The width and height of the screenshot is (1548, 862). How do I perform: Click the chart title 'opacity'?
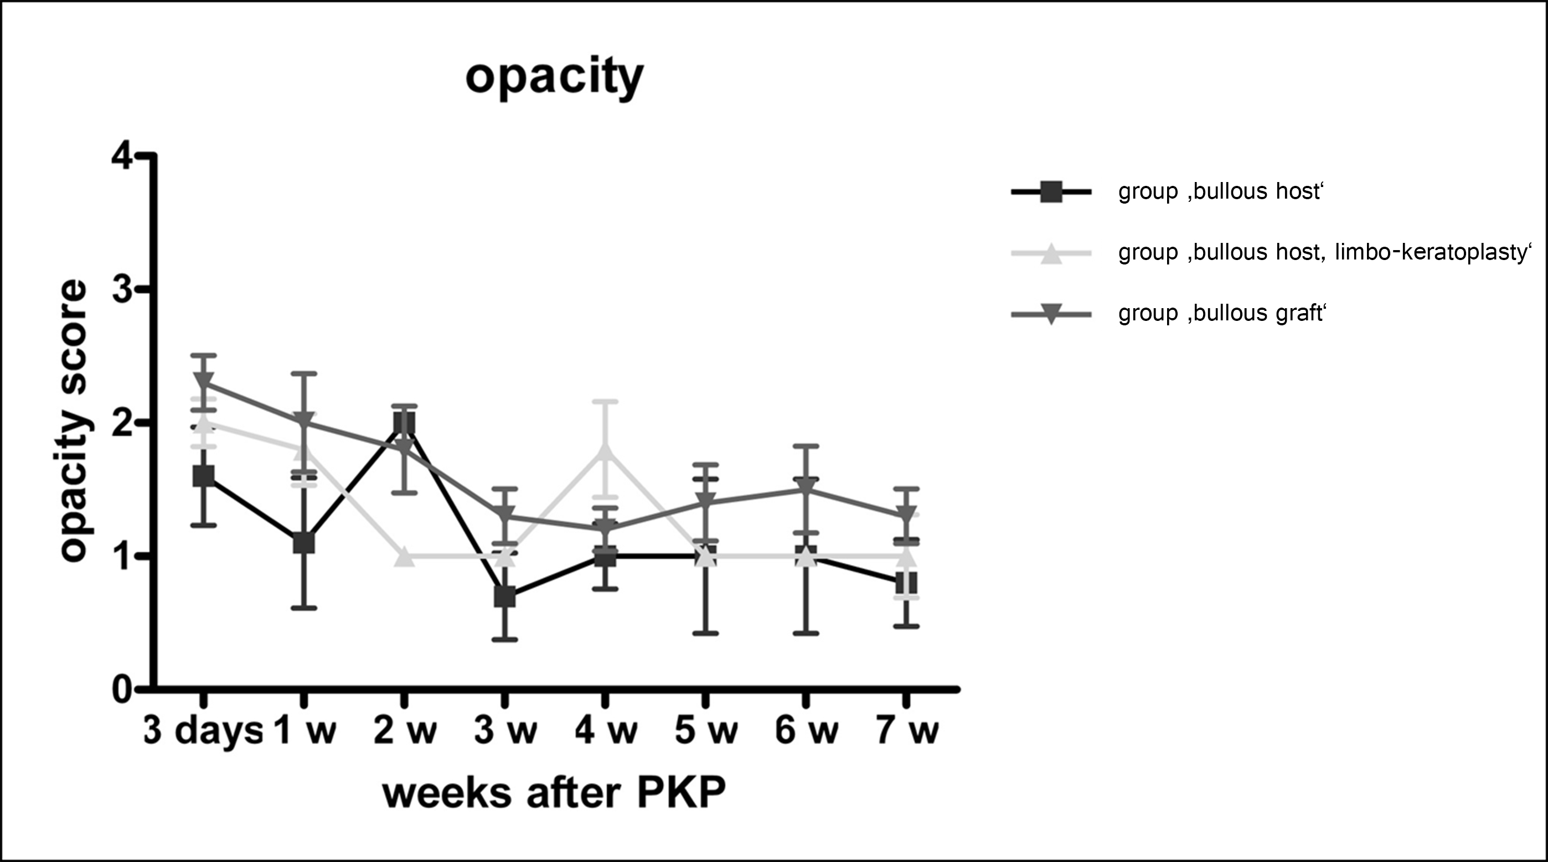(554, 77)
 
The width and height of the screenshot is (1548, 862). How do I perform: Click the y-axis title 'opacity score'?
(75, 420)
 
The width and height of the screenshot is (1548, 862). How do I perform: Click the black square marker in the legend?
(1051, 192)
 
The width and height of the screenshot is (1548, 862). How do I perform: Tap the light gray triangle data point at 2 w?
(404, 556)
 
